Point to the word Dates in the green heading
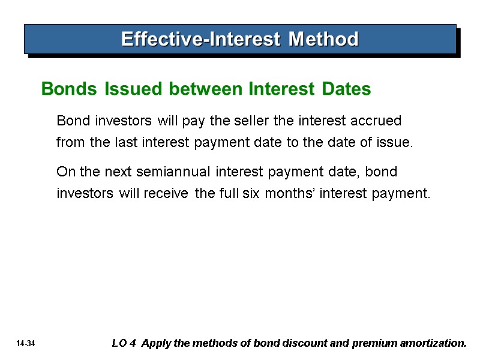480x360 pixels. (346, 89)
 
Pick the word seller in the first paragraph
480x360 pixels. (251, 121)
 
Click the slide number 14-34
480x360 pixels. (27, 344)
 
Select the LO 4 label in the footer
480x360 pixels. (123, 344)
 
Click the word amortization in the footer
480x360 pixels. (433, 344)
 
